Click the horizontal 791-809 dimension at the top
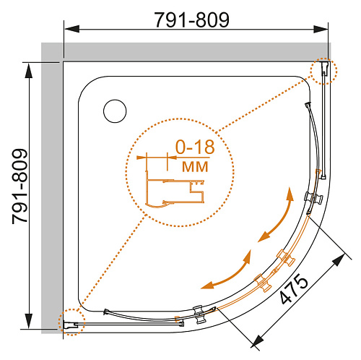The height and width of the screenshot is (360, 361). tap(191, 20)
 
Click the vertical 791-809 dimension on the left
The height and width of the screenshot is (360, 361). tap(20, 187)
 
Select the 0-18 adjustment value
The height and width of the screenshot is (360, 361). tap(195, 147)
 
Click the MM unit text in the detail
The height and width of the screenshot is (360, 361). tap(195, 166)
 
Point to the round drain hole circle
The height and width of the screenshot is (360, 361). tap(115, 111)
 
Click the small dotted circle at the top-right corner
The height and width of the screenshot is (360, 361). tap(323, 71)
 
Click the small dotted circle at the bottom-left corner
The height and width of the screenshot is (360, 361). tap(71, 322)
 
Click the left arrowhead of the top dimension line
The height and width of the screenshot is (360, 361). tap(72, 29)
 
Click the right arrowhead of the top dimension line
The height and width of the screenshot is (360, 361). tap(321, 29)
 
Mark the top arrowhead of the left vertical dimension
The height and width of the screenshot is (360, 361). tap(29, 71)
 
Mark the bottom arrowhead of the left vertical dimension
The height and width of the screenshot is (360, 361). tap(29, 321)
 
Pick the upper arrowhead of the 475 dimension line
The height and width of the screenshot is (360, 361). tap(339, 260)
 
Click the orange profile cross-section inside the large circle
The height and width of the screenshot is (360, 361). tap(175, 190)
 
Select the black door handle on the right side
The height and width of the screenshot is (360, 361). tap(313, 198)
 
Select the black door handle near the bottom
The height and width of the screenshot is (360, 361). tap(199, 314)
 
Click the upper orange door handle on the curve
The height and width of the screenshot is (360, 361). tap(286, 258)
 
